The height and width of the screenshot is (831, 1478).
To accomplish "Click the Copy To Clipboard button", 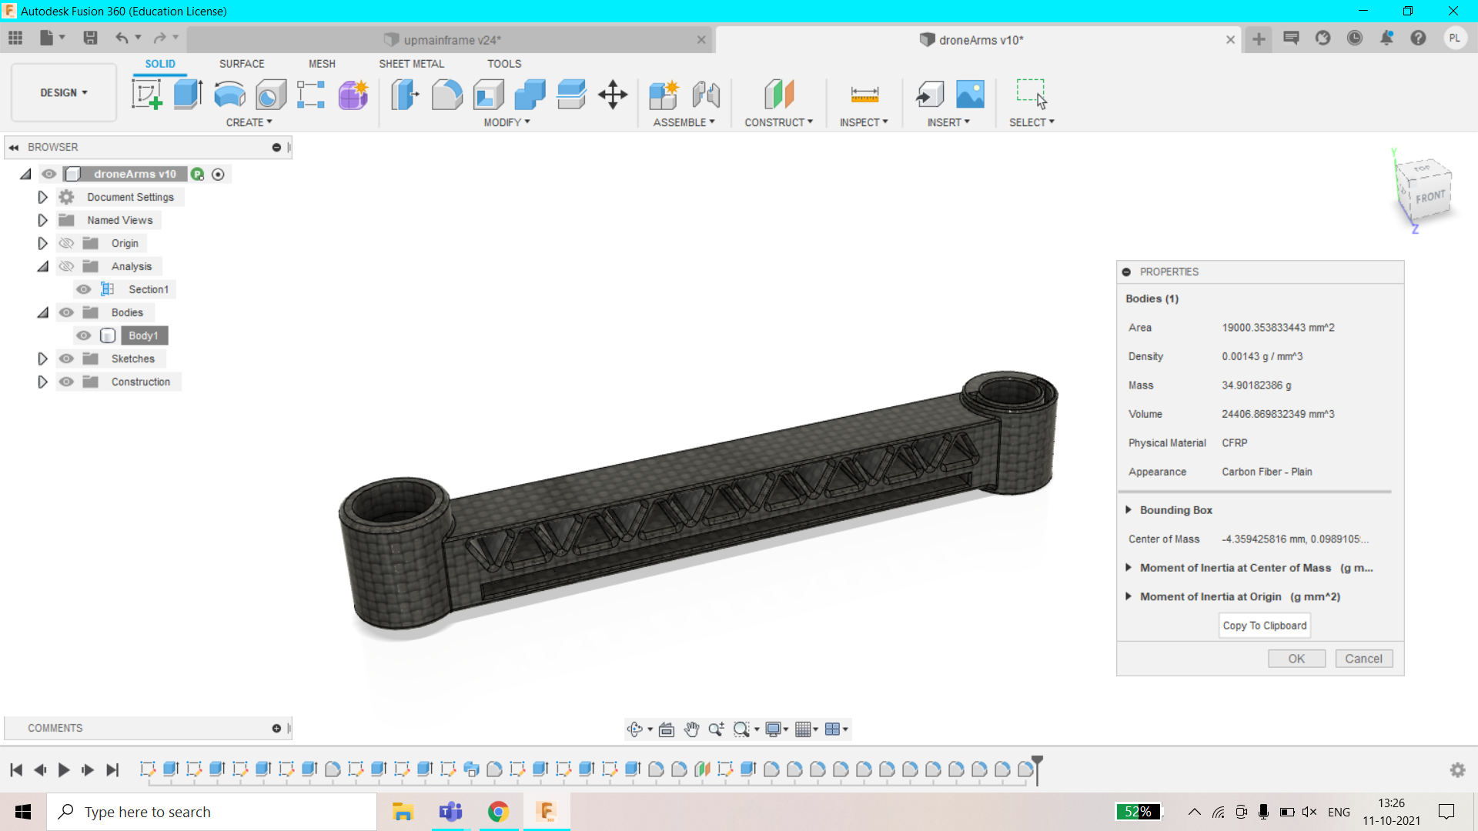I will [1264, 626].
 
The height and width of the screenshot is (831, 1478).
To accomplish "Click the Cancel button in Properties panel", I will [1363, 659].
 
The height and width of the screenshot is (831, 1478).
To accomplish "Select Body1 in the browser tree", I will [143, 335].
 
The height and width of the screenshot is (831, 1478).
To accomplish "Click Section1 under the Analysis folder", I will [148, 289].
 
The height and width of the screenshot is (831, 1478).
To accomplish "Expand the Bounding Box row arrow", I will [1129, 510].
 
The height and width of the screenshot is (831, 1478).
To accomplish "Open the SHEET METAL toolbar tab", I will [411, 64].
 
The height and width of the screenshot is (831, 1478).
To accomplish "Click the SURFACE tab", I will [242, 64].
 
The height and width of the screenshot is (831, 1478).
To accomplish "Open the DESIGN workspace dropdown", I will [64, 92].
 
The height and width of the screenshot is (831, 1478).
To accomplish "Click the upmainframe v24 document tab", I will [451, 40].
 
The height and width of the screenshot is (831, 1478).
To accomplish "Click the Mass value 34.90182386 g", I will [1256, 385].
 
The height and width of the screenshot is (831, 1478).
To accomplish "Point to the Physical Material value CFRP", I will [1234, 443].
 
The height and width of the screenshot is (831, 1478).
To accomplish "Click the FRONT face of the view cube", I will [1430, 197].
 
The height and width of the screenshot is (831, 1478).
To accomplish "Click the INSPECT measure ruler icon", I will [864, 95].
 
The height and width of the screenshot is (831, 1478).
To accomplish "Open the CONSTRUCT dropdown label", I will [778, 122].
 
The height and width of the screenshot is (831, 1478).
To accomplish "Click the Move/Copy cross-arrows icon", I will [613, 95].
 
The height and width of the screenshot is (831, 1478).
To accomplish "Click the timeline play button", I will [64, 769].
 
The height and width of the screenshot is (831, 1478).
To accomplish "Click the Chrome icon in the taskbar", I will [498, 812].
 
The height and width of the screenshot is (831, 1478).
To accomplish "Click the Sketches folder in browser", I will [132, 359].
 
